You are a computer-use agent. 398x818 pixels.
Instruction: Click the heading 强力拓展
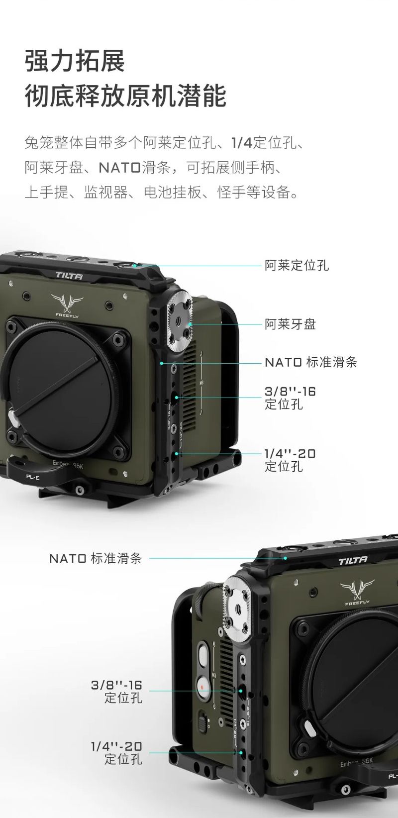click(75, 61)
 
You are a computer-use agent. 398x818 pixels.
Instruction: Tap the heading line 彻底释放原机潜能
click(125, 96)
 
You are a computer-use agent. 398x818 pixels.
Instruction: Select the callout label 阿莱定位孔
click(297, 266)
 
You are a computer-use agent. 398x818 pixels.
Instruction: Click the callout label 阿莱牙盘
click(290, 324)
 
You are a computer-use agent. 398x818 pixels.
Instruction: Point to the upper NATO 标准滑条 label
click(311, 362)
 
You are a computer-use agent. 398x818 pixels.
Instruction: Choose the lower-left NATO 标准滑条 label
click(96, 558)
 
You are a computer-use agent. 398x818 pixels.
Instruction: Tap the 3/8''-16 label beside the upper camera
click(290, 398)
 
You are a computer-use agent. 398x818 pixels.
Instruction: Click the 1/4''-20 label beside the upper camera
click(290, 460)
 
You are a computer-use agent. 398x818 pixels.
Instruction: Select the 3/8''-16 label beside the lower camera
click(116, 692)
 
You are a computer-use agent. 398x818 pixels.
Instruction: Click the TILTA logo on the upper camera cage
click(69, 276)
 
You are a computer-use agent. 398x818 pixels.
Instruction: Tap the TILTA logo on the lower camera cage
click(353, 561)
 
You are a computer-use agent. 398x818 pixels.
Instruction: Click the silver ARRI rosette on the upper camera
click(179, 318)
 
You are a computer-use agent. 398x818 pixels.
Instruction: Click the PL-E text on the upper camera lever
click(32, 477)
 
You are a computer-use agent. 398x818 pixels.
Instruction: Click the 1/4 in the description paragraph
click(242, 142)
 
